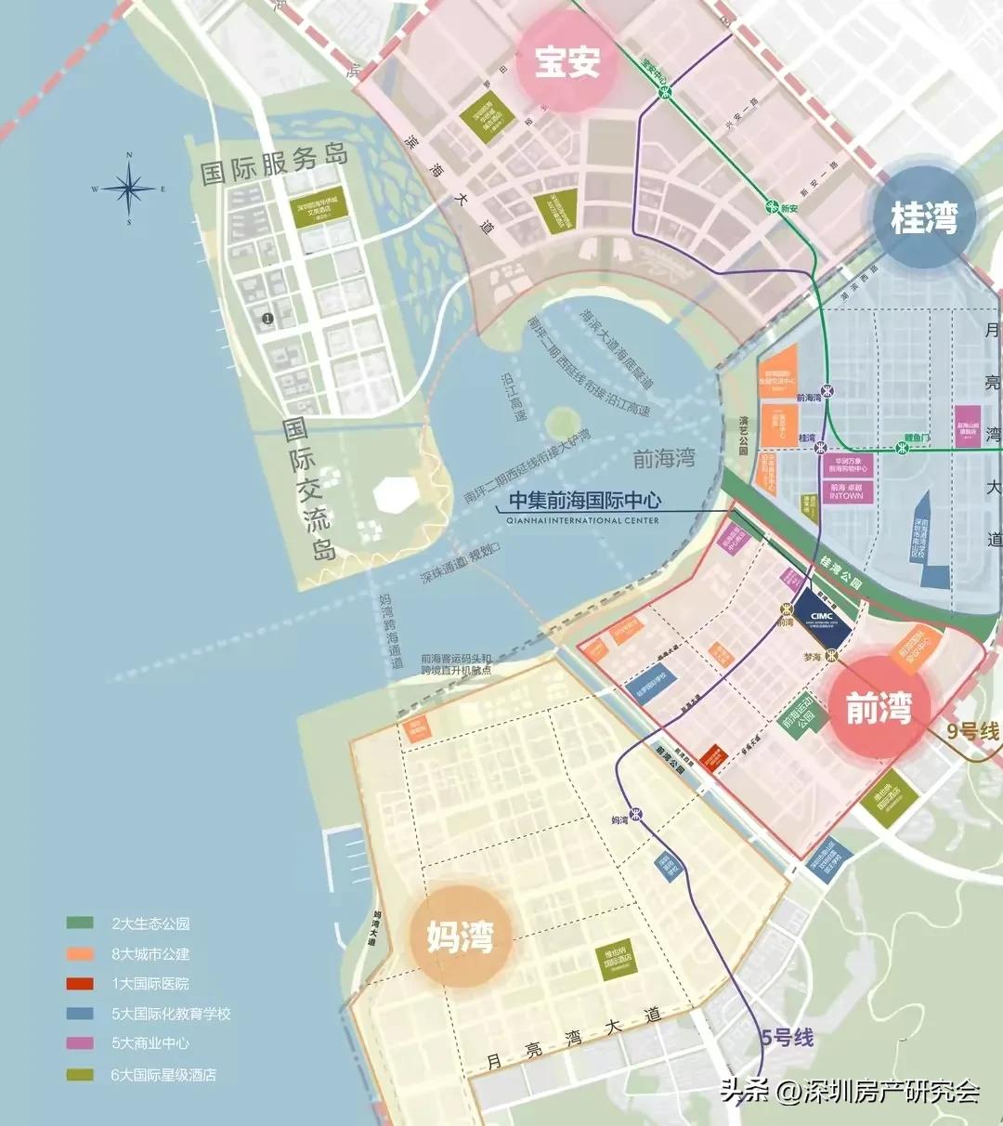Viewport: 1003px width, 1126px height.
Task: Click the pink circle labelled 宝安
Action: tap(567, 61)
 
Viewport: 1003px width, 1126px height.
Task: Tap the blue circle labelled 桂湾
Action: tap(923, 218)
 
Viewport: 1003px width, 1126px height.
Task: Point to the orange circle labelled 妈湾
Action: tap(460, 936)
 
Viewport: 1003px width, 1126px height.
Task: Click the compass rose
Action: tap(129, 189)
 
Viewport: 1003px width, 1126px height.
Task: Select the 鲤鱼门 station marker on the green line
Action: tap(902, 447)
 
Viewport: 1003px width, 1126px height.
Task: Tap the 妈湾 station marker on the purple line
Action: tap(636, 814)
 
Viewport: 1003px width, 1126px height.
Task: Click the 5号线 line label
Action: tap(787, 1037)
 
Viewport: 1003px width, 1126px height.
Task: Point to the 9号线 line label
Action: tap(972, 731)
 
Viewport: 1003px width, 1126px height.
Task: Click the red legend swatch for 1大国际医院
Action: tap(80, 983)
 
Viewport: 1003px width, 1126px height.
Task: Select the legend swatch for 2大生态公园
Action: tap(80, 923)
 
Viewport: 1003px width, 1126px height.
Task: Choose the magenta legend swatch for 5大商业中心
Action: tap(80, 1043)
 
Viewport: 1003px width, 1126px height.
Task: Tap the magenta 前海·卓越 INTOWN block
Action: tap(846, 491)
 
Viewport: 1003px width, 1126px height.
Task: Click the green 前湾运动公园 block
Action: tap(798, 718)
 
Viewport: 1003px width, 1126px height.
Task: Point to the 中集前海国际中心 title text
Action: tap(584, 501)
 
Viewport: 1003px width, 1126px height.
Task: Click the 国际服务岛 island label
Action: tap(275, 164)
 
